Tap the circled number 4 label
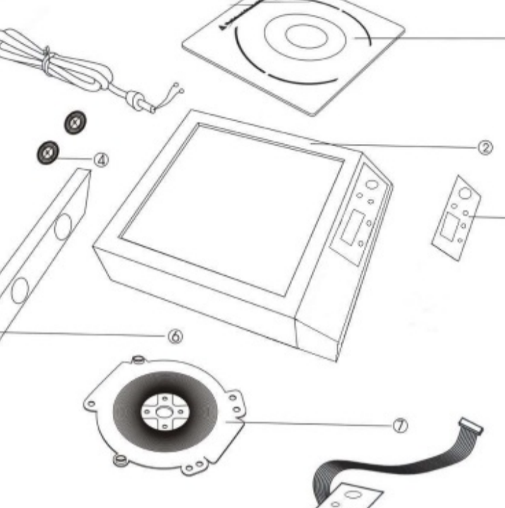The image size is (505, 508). click(x=102, y=159)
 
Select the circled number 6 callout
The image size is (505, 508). click(x=174, y=337)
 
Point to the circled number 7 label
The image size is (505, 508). click(x=400, y=425)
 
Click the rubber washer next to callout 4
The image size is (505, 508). click(x=47, y=152)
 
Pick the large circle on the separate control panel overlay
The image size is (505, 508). click(x=465, y=193)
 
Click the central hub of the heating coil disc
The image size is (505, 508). click(x=164, y=411)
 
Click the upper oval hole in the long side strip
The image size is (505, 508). click(x=63, y=226)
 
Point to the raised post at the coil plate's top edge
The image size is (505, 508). click(x=139, y=361)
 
